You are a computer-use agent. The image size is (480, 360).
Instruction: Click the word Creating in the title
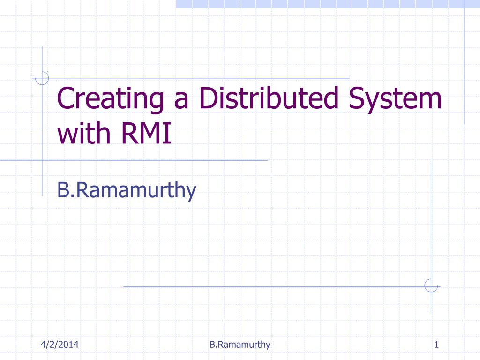tap(110, 99)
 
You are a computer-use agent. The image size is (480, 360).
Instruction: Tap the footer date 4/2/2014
tap(59, 345)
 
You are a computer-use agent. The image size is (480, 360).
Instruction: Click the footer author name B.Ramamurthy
tap(240, 345)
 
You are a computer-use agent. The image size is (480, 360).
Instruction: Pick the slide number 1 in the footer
tap(436, 345)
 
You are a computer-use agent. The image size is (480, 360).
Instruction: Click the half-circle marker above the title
tap(42, 78)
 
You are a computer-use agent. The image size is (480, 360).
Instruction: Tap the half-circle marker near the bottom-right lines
tap(431, 285)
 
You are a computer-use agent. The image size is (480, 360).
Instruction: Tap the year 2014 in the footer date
tap(68, 345)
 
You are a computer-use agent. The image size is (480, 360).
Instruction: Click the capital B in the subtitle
tap(62, 190)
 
